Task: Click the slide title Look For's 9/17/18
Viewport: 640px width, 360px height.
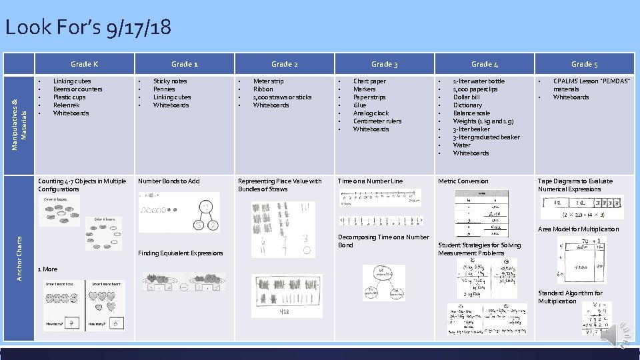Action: [x=87, y=27]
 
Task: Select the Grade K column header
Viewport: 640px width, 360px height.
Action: [x=85, y=64]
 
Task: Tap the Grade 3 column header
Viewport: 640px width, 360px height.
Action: [x=385, y=64]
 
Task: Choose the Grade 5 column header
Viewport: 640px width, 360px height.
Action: [x=584, y=64]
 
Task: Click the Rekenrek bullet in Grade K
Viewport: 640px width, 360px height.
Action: [x=66, y=105]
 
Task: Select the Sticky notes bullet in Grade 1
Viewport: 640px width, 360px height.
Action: [x=170, y=81]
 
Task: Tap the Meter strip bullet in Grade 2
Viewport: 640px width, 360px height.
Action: [x=268, y=81]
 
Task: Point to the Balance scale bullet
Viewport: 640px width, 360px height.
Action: [x=471, y=113]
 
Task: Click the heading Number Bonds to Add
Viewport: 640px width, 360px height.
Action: [x=169, y=181]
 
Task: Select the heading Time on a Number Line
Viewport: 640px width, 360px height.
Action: [x=371, y=181]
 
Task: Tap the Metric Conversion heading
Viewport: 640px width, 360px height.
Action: [x=463, y=181]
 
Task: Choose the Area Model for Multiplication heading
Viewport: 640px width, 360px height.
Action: [x=579, y=229]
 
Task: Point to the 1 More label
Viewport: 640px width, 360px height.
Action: [x=48, y=269]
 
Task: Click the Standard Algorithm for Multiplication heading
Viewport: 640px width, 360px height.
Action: [x=570, y=297]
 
